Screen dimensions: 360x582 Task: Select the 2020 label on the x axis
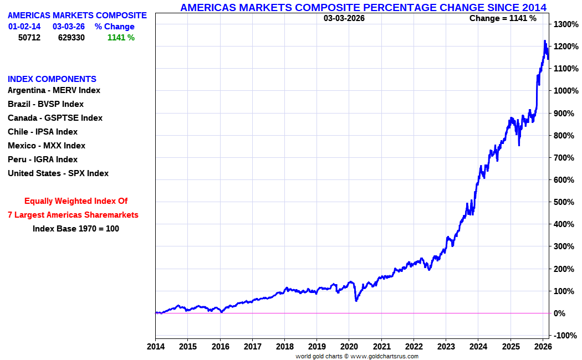pyautogui.click(x=349, y=346)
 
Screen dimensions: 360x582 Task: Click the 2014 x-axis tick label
pyautogui.click(x=155, y=346)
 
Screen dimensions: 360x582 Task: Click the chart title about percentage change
pyautogui.click(x=363, y=7)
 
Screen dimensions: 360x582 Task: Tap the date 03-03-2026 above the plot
pyautogui.click(x=344, y=18)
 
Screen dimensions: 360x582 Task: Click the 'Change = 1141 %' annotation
pyautogui.click(x=503, y=18)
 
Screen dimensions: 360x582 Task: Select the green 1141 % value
pyautogui.click(x=121, y=38)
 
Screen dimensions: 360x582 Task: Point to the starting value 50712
pyautogui.click(x=29, y=38)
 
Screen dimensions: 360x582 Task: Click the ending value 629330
pyautogui.click(x=72, y=38)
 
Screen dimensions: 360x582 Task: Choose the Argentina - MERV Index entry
pyautogui.click(x=54, y=90)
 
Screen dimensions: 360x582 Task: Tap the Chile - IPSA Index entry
pyautogui.click(x=43, y=132)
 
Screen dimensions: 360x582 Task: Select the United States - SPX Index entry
pyautogui.click(x=58, y=173)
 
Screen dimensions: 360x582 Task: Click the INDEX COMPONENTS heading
pyautogui.click(x=52, y=79)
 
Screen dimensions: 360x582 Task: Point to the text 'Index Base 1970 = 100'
pyautogui.click(x=76, y=229)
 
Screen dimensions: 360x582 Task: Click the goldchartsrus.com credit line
pyautogui.click(x=357, y=356)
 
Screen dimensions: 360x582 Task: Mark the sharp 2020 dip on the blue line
pyautogui.click(x=356, y=300)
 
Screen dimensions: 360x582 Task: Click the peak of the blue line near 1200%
pyautogui.click(x=545, y=41)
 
